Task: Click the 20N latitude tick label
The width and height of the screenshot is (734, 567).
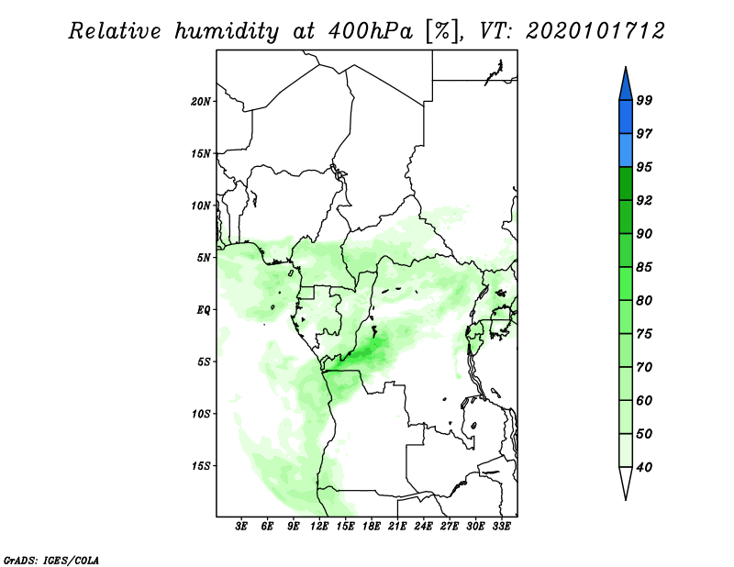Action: [x=201, y=101]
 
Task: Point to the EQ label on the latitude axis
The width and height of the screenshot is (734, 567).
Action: [x=204, y=309]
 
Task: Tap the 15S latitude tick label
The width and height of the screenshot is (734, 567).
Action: [x=201, y=465]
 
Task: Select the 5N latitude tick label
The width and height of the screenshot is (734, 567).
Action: [x=204, y=257]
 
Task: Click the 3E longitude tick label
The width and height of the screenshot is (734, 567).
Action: [x=242, y=527]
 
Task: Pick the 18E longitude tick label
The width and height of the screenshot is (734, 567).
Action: [x=373, y=527]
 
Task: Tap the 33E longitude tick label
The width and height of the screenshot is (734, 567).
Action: [x=502, y=527]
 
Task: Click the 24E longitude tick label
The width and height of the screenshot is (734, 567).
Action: [x=424, y=527]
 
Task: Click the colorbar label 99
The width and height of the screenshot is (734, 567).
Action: [x=644, y=101]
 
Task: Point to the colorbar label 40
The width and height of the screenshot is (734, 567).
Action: [x=644, y=467]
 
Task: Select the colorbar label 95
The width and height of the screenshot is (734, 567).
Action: [x=644, y=167]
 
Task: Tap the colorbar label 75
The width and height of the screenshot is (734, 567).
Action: [x=644, y=334]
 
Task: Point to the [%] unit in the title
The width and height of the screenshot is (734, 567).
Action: [x=439, y=31]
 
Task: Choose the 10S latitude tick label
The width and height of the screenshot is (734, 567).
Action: [x=201, y=414]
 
